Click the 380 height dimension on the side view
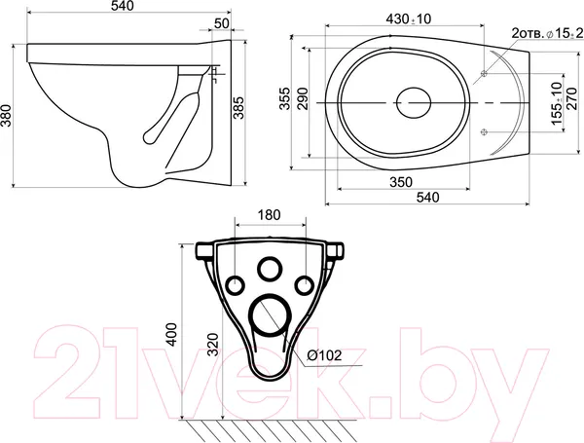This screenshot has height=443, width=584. (x=7, y=116)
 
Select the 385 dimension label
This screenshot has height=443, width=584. (x=238, y=108)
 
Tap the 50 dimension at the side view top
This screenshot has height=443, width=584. (x=222, y=23)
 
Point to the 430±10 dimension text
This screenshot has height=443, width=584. (x=408, y=19)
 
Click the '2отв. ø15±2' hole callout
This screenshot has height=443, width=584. (x=547, y=33)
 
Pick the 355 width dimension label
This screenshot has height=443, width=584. (x=285, y=98)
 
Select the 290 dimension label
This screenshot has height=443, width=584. (x=304, y=98)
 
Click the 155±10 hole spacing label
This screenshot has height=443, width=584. (x=557, y=103)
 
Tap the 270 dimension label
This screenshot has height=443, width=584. (x=571, y=98)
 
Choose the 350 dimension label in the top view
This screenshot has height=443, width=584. (x=401, y=182)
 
